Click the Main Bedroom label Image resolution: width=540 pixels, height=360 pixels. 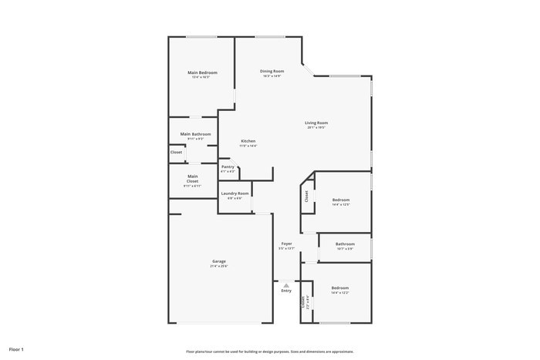(203, 72)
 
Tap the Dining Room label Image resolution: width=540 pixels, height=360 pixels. (272, 71)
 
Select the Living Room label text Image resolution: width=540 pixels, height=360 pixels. (316, 123)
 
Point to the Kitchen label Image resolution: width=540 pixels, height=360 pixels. (248, 141)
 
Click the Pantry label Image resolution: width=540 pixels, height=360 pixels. (228, 167)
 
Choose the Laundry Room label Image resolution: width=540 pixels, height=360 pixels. (235, 193)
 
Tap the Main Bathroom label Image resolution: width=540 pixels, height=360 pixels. (195, 134)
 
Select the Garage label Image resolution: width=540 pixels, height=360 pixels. (219, 261)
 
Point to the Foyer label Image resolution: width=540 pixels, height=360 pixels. (286, 244)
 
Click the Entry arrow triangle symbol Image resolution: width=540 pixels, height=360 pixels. (286, 284)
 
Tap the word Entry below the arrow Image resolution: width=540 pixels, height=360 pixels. (286, 291)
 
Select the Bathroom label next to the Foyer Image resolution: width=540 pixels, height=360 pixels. (345, 244)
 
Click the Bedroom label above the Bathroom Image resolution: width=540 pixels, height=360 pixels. (340, 200)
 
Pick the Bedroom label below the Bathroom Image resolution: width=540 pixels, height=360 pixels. (340, 288)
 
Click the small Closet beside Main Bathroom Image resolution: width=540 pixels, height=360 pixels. (177, 152)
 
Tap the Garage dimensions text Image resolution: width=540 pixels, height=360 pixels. (219, 266)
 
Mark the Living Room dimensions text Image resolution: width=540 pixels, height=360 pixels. (316, 127)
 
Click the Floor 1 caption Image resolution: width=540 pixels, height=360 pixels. (16, 349)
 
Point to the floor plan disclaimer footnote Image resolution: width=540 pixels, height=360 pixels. (269, 350)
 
